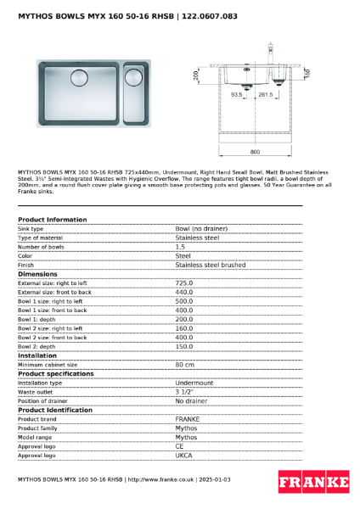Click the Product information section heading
tap(52, 220)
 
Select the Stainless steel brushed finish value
tap(205, 265)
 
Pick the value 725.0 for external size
tap(184, 283)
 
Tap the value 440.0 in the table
tap(184, 292)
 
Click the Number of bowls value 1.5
tap(181, 247)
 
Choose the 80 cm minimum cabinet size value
tap(185, 365)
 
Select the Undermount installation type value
tap(194, 383)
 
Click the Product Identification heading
tap(55, 410)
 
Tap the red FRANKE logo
tap(313, 483)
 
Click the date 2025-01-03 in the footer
tap(213, 480)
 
